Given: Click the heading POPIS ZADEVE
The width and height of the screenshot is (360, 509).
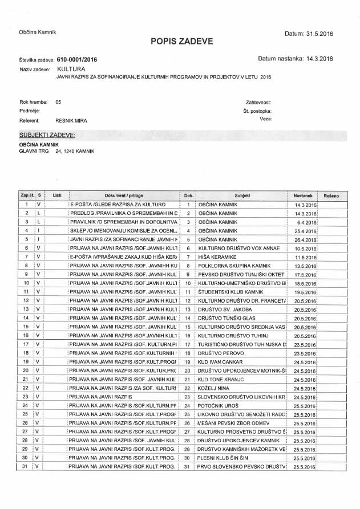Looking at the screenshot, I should (x=182, y=41).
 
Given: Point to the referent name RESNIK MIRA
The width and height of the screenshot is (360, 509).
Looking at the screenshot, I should (x=71, y=120).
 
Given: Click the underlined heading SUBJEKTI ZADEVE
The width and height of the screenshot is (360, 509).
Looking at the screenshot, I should (x=47, y=135).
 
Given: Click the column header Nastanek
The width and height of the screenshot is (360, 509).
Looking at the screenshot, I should (x=303, y=196).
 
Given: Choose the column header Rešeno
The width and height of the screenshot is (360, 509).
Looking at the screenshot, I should (x=331, y=196).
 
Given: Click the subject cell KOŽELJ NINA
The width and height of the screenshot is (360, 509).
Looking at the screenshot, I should (x=212, y=388).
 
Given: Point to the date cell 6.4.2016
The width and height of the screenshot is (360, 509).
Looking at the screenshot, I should (x=307, y=222).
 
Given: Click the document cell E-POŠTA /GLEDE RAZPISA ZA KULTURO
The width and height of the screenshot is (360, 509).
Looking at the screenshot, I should (x=118, y=204).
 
